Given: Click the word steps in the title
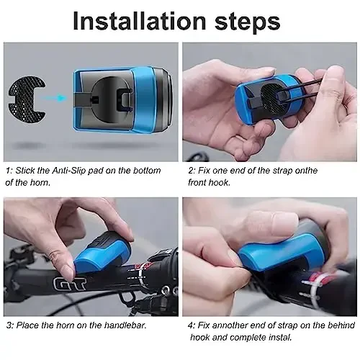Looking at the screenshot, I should point(246,21).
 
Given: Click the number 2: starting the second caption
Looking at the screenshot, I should point(192,171).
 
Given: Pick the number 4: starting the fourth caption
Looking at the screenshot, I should point(192,325).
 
